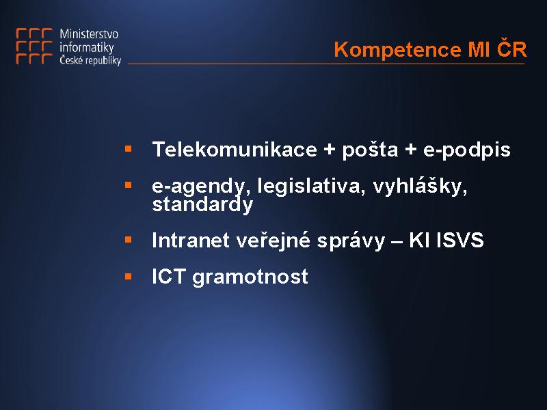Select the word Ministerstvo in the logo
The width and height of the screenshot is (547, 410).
tap(89, 34)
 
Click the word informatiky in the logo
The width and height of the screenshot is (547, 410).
tap(87, 47)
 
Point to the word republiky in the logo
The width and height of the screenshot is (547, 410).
tap(104, 61)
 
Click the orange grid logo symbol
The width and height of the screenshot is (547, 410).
tap(34, 46)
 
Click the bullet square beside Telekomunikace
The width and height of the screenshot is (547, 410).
tap(129, 149)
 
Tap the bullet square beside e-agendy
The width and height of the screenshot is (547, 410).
tap(129, 184)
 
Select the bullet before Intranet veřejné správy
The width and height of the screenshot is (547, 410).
tap(129, 240)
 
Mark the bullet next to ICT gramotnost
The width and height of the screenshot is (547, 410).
tap(129, 277)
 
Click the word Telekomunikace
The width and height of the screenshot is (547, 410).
tap(235, 149)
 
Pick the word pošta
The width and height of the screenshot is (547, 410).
tap(370, 150)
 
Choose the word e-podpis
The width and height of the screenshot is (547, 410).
tap(467, 150)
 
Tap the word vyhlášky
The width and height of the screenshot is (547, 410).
tap(420, 185)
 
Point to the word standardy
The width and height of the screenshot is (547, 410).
tap(202, 204)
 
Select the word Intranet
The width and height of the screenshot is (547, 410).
tap(191, 241)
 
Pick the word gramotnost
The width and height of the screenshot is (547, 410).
tap(250, 277)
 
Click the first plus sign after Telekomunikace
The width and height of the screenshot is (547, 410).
tap(330, 150)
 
